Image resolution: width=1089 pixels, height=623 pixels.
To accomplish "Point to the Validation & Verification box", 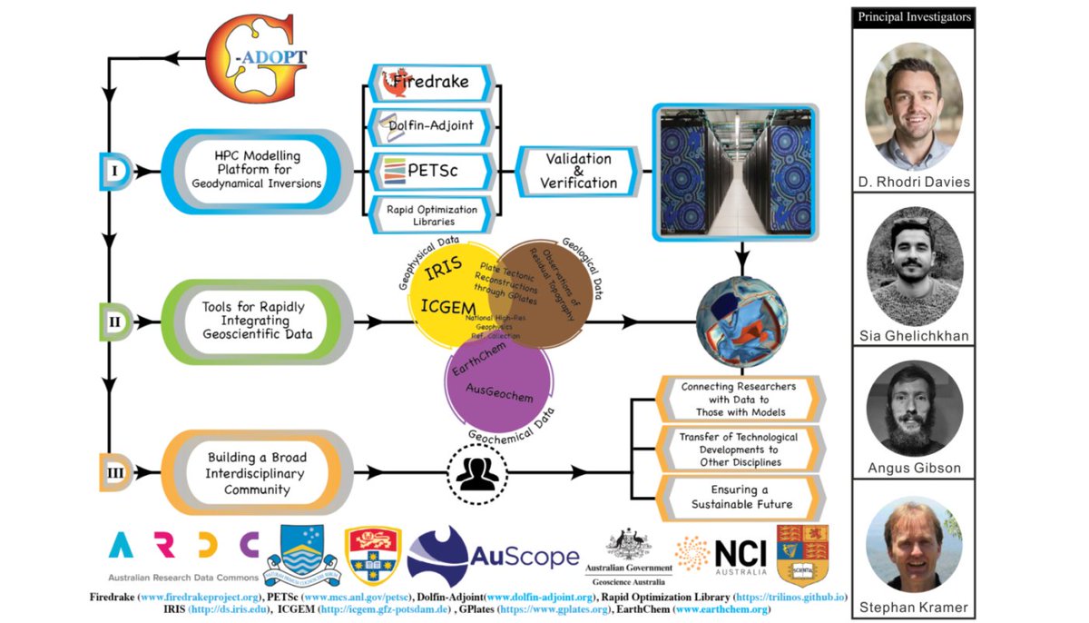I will [578, 171].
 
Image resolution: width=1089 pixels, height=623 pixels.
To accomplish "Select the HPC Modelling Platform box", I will [256, 170].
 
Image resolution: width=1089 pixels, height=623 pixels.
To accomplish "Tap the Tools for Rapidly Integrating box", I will [256, 321].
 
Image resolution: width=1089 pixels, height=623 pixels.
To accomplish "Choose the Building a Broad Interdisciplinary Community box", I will [256, 472].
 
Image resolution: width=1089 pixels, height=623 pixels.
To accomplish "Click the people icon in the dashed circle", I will [477, 473].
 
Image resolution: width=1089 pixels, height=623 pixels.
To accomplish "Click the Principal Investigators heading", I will [914, 17].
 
